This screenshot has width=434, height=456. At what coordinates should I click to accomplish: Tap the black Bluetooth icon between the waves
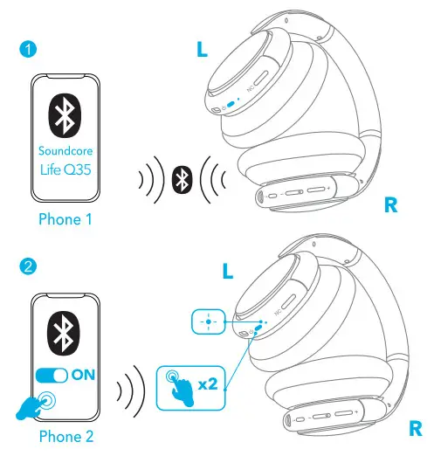pos(181,180)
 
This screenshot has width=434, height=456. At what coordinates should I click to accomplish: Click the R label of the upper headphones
pos(393,206)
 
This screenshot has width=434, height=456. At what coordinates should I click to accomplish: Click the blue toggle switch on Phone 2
pos(51,374)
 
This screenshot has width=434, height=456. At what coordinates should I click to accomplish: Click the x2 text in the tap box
pos(206,381)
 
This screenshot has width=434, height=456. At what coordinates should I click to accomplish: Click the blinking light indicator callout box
pos(208,321)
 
